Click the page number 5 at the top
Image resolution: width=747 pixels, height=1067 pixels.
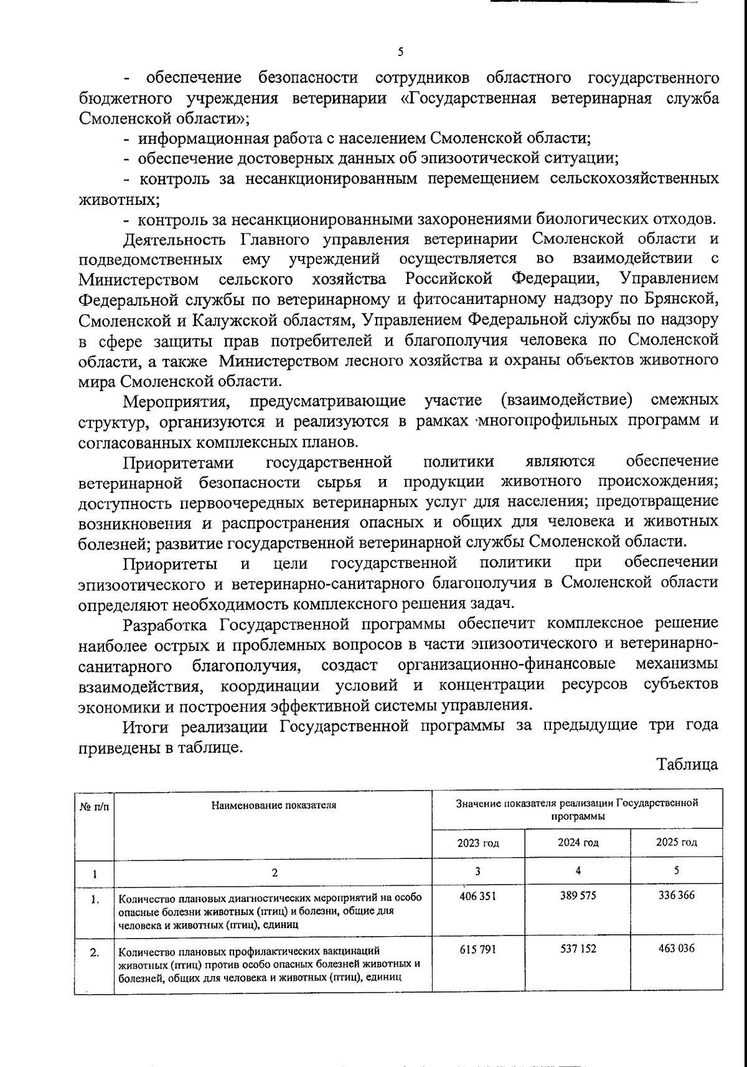(400, 51)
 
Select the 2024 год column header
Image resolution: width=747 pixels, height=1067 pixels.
(578, 842)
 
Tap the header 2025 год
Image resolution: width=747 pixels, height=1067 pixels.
(676, 842)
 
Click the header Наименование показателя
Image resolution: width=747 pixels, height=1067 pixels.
(273, 804)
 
